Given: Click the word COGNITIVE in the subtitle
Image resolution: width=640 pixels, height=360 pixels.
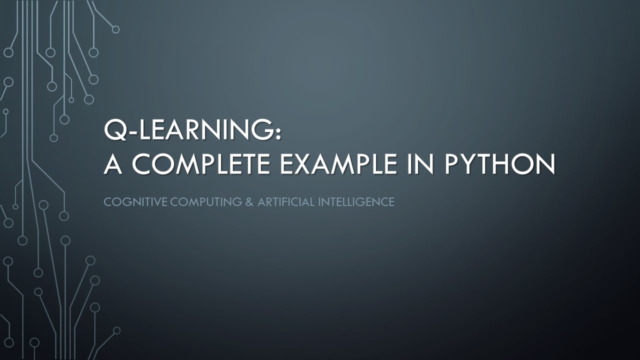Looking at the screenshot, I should coord(135,202).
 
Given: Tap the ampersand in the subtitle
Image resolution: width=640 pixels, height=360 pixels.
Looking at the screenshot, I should coord(249,202).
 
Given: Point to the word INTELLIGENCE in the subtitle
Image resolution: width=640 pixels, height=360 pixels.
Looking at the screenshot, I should coord(355,202).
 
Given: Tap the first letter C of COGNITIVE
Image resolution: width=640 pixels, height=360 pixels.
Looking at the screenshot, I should coord(107,202).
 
